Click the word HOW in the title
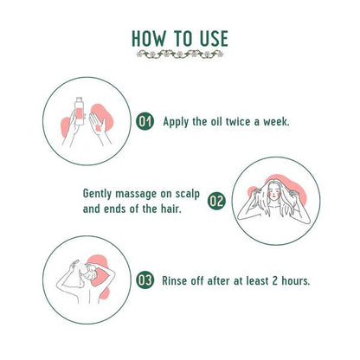149,39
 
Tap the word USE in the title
214,39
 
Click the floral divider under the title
180,54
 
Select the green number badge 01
145,121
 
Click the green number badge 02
216,201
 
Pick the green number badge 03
145,280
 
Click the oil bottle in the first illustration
80,111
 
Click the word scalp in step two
188,194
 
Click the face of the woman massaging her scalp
273,192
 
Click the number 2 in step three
275,280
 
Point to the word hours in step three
296,280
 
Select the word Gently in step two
97,194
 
